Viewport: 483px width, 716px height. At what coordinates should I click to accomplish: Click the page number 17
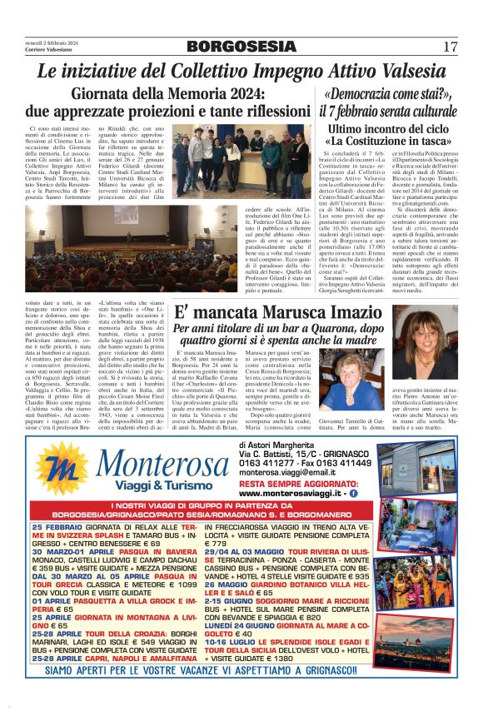(x=451, y=46)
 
